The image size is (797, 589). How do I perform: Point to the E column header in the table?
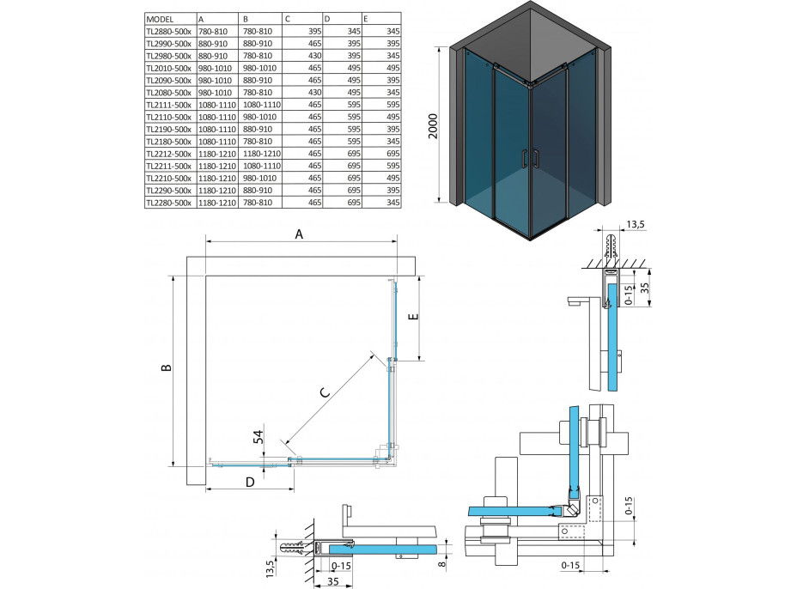point(368,17)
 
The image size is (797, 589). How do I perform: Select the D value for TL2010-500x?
point(350,66)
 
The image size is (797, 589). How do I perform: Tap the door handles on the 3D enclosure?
point(531,158)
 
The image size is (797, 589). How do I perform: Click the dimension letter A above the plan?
point(299,233)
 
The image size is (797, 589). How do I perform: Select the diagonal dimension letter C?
point(325,393)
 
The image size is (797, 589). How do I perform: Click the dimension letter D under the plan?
point(249,483)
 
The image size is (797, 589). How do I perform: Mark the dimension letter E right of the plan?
point(412,316)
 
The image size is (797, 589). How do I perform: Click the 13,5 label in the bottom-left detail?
point(269,568)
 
